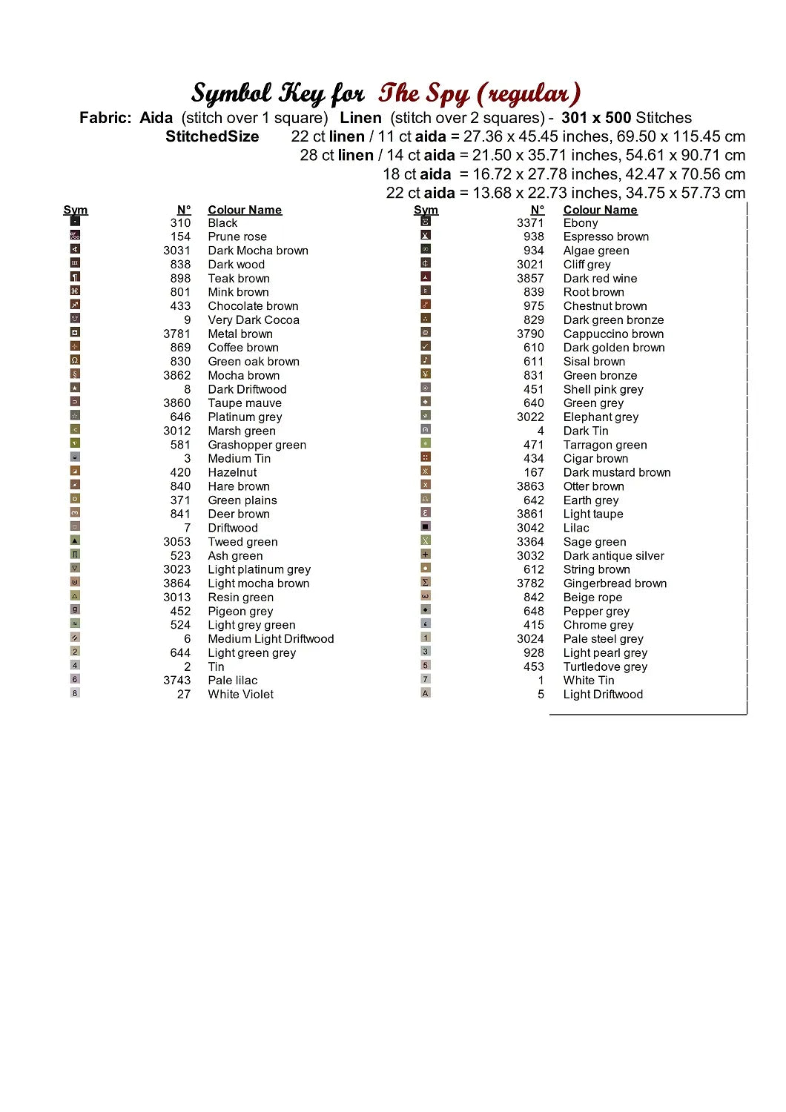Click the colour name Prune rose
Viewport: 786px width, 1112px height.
click(237, 236)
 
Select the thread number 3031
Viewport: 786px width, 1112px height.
click(176, 251)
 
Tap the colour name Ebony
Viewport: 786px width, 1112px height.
click(580, 222)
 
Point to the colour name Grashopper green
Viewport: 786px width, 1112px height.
click(257, 445)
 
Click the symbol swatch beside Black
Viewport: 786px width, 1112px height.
click(75, 221)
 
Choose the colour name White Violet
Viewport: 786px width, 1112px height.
click(240, 695)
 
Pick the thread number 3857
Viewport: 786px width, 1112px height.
click(530, 278)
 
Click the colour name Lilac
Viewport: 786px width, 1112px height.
click(575, 528)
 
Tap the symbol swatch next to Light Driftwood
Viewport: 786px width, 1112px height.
click(426, 693)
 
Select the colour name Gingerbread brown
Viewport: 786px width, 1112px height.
click(615, 583)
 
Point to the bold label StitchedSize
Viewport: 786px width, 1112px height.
click(212, 136)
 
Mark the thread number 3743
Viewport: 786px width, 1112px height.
click(176, 681)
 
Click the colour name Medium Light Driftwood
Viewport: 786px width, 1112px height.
click(271, 639)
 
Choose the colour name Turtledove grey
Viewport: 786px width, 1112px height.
click(605, 666)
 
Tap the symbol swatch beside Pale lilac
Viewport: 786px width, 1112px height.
click(75, 679)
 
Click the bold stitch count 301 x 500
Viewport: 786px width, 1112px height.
click(596, 118)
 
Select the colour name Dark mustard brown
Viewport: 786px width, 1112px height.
click(616, 472)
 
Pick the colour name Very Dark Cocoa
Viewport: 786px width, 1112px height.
click(254, 320)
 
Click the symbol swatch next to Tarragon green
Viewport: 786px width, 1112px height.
click(426, 443)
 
